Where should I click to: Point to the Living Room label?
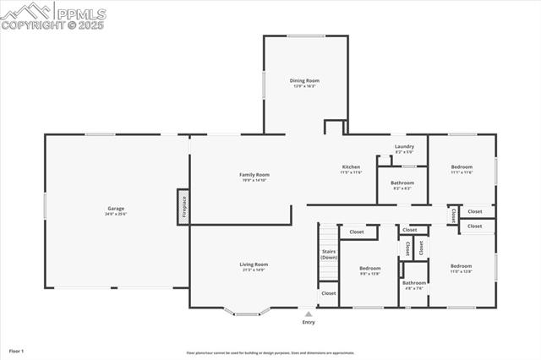point(254,266)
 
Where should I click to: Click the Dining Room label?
point(305,82)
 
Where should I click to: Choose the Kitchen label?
point(351,168)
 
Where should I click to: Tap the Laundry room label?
point(404,148)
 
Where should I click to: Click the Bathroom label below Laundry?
point(402,184)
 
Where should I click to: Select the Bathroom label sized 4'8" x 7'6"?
point(414,284)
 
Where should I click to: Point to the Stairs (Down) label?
point(329,254)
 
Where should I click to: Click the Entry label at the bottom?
point(309,322)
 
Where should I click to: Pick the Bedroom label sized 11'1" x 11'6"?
point(462,168)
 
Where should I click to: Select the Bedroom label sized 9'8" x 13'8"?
point(370,270)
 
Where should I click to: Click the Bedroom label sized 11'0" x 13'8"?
point(462,268)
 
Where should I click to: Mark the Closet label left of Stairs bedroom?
point(357,232)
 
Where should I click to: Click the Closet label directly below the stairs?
point(328,293)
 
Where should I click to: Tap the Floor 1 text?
point(16,350)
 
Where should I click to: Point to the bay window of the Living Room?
point(247,314)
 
